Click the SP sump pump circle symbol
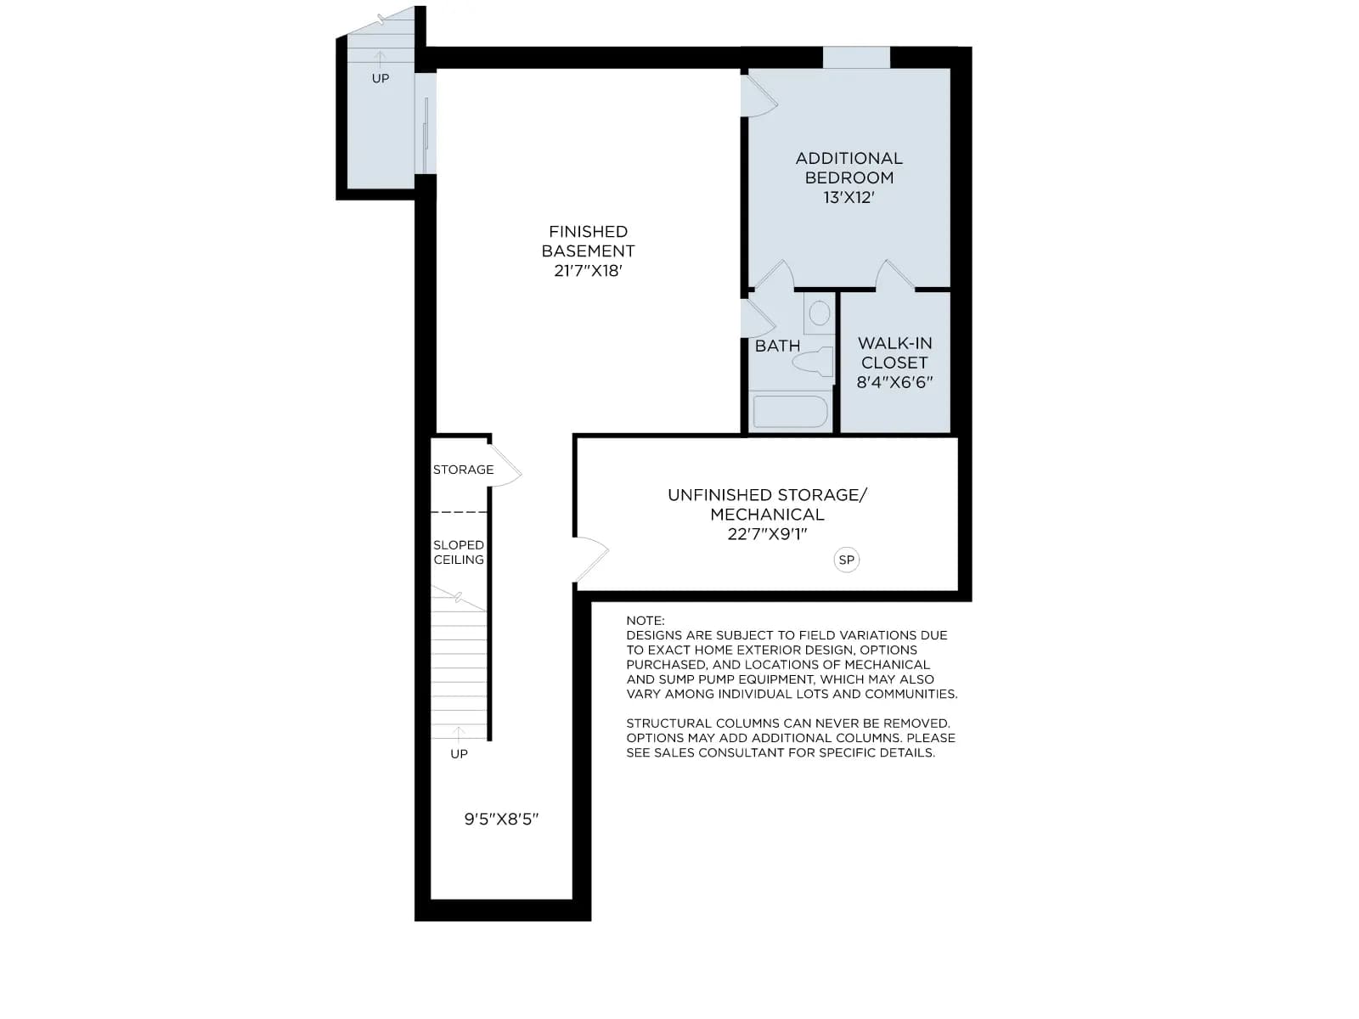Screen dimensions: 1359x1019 [846, 560]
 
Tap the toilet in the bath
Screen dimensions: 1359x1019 [813, 362]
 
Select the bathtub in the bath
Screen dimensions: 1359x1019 [790, 411]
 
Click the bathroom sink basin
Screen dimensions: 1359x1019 [819, 313]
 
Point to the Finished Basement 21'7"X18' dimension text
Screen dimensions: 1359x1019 [588, 271]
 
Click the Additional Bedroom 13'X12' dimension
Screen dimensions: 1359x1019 [849, 197]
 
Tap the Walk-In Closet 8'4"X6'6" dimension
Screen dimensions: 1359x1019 [894, 382]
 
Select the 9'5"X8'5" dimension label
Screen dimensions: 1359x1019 [501, 819]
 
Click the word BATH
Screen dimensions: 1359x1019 [777, 346]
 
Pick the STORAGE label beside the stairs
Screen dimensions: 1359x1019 [463, 470]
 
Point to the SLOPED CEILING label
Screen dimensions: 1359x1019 [459, 552]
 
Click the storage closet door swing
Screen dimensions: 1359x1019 [505, 465]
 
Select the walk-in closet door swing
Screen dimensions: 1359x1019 [894, 275]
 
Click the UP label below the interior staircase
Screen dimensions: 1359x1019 [459, 753]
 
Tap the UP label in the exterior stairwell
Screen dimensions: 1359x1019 [381, 78]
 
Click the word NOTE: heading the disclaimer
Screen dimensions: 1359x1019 [646, 621]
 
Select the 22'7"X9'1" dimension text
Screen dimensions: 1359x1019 [767, 534]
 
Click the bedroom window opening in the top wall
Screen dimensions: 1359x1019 [856, 58]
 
